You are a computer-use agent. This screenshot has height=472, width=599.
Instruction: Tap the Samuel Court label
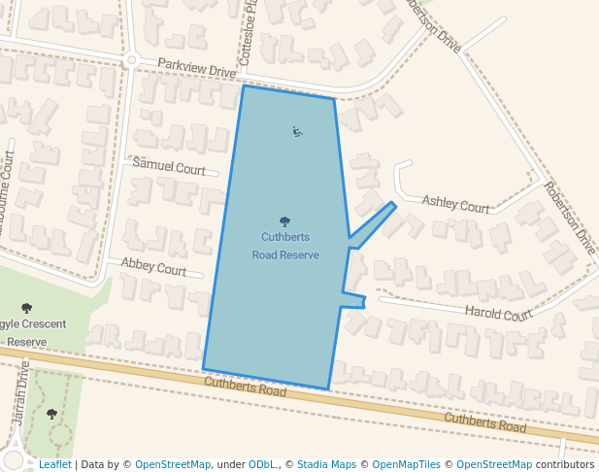[x=169, y=167]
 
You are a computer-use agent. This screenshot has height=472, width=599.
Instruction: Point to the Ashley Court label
[x=455, y=205]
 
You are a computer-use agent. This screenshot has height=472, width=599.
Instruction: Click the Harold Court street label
[x=498, y=313]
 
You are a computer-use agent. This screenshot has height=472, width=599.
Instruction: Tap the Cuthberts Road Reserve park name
[x=284, y=246]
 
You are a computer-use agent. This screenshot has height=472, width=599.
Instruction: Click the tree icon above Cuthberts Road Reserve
[x=284, y=222]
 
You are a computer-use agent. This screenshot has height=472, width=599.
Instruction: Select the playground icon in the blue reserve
[x=297, y=132]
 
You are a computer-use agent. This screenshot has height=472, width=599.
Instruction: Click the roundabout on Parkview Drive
[x=131, y=60]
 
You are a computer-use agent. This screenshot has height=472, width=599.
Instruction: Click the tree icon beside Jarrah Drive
[x=51, y=415]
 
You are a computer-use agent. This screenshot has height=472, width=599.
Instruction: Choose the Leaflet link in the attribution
[x=54, y=464]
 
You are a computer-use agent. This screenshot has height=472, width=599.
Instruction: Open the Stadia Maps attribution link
[x=326, y=464]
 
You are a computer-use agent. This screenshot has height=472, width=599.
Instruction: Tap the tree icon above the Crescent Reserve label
[x=26, y=309]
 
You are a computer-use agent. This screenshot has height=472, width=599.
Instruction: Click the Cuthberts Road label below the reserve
[x=246, y=388]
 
